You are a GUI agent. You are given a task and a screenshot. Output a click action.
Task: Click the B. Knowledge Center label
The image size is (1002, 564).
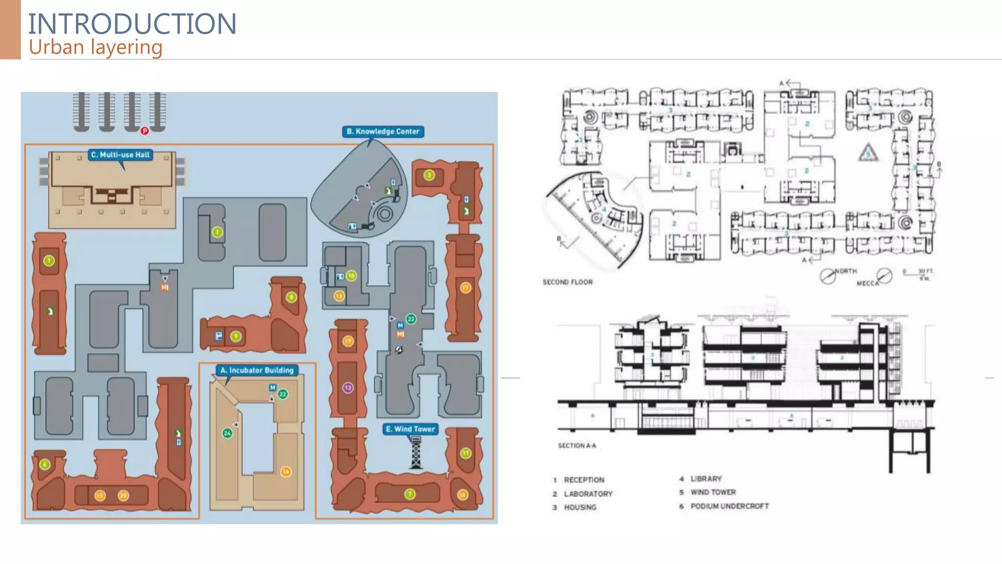(383, 131)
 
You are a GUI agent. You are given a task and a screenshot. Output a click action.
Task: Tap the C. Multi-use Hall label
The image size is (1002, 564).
(120, 155)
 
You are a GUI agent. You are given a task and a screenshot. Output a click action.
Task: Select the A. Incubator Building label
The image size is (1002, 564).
(257, 370)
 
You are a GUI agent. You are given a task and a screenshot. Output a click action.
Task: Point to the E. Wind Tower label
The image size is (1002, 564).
(410, 429)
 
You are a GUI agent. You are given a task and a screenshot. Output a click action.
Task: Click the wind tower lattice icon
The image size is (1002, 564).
(416, 453)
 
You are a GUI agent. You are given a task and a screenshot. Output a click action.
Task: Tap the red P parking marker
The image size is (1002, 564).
(145, 131)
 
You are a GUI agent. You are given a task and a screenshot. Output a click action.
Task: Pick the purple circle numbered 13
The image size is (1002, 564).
(348, 388)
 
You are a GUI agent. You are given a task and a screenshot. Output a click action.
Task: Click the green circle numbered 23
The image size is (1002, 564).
(411, 319)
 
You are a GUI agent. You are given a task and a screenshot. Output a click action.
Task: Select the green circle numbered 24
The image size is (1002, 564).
(227, 433)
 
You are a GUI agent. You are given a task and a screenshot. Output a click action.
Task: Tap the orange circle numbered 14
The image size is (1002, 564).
(286, 471)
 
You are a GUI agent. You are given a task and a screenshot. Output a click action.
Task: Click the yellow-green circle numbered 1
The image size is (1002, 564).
(49, 260)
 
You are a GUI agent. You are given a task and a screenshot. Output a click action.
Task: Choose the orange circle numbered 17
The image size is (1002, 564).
(465, 288)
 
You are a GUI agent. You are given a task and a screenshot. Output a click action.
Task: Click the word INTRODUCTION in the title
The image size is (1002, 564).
(132, 23)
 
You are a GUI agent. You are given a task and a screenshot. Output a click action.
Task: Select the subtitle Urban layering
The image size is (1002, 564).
(95, 47)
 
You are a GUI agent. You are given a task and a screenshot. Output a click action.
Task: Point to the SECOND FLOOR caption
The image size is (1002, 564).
(568, 282)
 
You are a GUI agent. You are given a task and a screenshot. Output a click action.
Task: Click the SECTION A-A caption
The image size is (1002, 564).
(577, 446)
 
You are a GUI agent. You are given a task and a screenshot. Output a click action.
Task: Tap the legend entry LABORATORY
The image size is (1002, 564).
(588, 493)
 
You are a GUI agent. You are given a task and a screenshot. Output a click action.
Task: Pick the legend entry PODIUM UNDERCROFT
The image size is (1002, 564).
(729, 506)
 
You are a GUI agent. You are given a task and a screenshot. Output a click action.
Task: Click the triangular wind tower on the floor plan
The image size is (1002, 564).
(868, 153)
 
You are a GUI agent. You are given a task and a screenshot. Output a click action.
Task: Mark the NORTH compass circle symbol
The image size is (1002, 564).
(827, 277)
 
